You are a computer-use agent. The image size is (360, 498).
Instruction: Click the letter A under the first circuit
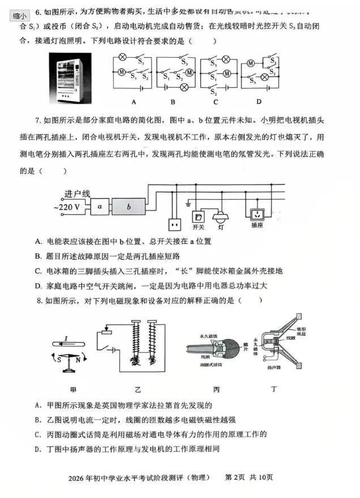(x=134, y=102)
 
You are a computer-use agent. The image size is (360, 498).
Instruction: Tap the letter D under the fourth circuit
(x=258, y=102)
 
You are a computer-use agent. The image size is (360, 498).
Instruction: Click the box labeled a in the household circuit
(x=100, y=207)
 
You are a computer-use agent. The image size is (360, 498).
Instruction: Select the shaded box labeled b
(x=129, y=207)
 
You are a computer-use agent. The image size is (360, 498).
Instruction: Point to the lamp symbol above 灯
(x=220, y=216)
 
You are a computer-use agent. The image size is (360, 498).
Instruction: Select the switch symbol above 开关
(x=198, y=216)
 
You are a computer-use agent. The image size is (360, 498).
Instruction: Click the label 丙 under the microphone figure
(x=216, y=390)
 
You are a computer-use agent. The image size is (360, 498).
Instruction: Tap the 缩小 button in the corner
(x=20, y=15)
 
